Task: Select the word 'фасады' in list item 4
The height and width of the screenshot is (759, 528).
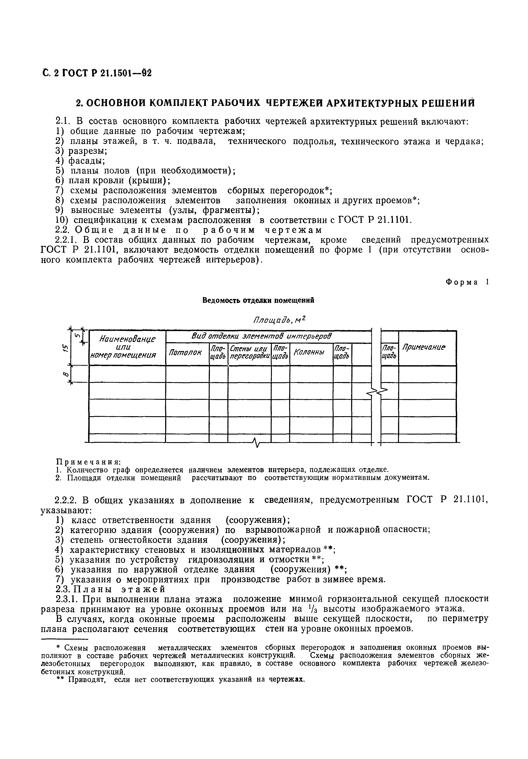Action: coord(87,161)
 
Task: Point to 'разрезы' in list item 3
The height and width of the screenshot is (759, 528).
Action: coord(87,151)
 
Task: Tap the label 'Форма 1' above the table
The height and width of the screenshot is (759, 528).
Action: coord(466,282)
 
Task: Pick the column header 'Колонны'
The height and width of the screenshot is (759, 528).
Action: coord(309,352)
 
